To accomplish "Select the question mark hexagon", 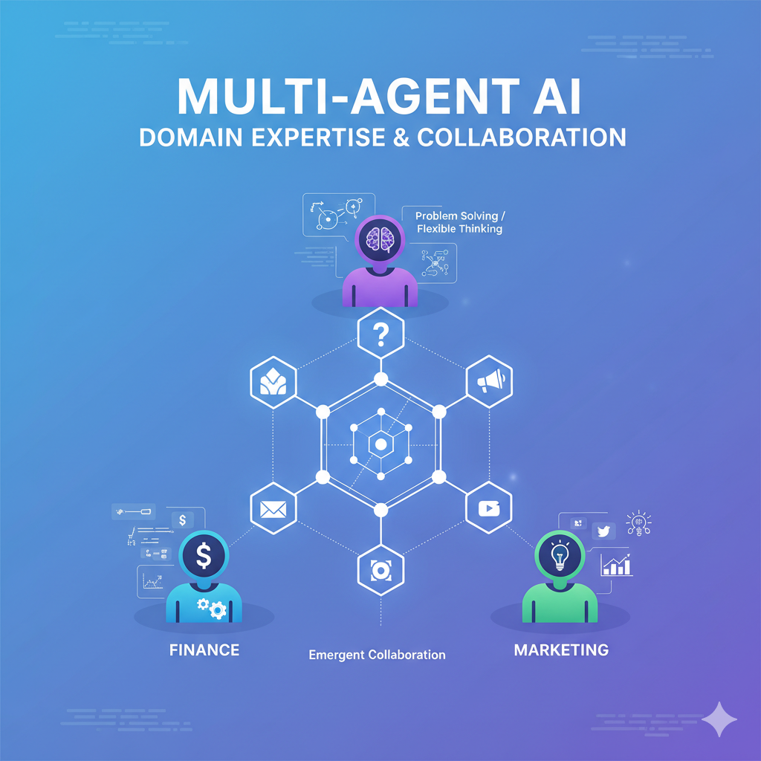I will click(x=380, y=334).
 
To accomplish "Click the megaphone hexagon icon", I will click(x=490, y=381).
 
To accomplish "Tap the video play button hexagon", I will click(x=489, y=508).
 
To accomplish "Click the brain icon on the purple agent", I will click(x=380, y=239).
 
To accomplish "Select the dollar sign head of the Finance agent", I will click(x=203, y=554).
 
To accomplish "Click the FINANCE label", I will click(x=204, y=650).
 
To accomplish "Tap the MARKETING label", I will click(x=561, y=650).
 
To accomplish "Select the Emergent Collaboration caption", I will click(x=377, y=655).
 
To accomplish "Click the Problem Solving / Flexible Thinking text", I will click(x=459, y=222).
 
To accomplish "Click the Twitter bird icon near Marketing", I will click(x=603, y=530).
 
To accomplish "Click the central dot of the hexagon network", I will click(x=380, y=444).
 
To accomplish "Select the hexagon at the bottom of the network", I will click(x=380, y=571).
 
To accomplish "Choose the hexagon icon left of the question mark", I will click(x=273, y=381).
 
